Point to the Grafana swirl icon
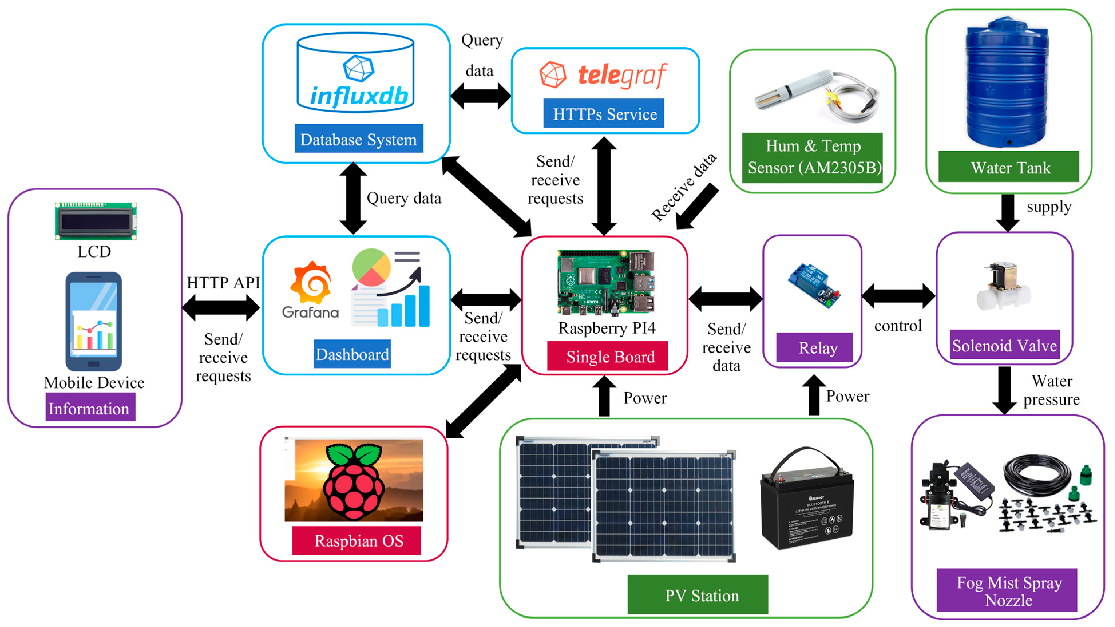(311, 284)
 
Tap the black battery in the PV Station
(806, 502)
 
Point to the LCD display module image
(96, 221)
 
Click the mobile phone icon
(94, 321)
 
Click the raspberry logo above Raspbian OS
(354, 481)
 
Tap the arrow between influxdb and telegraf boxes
(480, 96)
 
